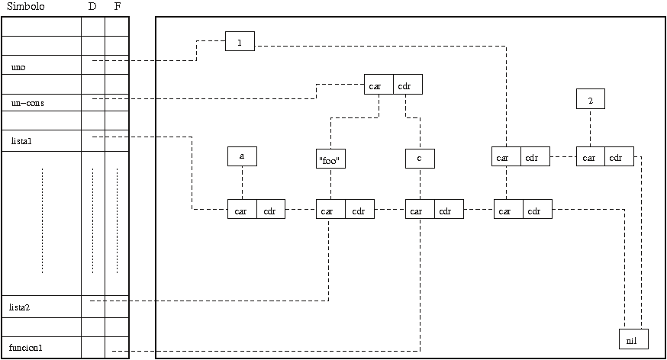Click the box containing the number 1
pos(240,42)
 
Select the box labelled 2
pos(591,99)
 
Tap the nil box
pos(633,339)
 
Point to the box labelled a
pos(242,156)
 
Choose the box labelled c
pos(420,158)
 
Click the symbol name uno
pos(19,67)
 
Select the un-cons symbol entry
pos(27,102)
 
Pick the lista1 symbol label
pos(21,141)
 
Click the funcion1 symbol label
pos(26,348)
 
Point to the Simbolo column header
pos(25,6)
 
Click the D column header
pos(92,6)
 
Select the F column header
pos(117,6)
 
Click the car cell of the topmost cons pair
pos(379,85)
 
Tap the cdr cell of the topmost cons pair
pos(408,85)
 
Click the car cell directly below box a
pos(242,210)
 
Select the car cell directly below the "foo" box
pos(330,210)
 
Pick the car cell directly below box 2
pos(591,157)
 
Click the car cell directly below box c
pos(420,210)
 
